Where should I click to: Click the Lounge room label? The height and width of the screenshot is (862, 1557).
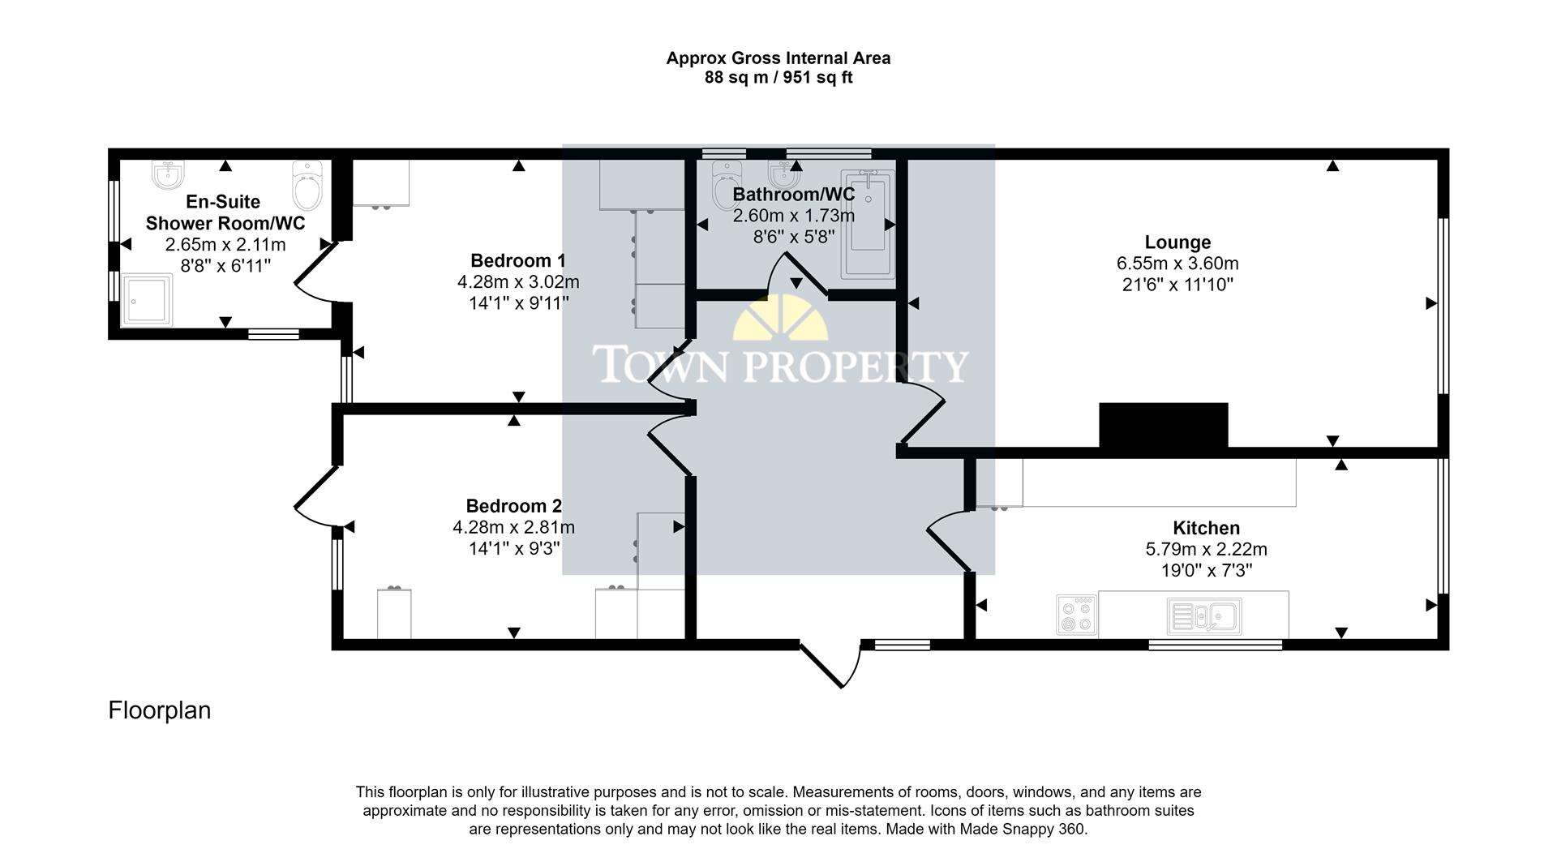click(x=1177, y=242)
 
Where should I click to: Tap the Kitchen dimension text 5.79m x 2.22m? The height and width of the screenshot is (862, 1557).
click(x=1206, y=549)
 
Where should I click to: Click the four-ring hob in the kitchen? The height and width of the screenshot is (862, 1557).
click(x=1077, y=615)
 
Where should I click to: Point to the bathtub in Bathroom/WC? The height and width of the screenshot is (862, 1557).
click(x=868, y=225)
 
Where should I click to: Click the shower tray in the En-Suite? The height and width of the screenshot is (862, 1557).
click(x=147, y=300)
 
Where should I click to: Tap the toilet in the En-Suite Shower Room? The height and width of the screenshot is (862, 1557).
click(x=307, y=186)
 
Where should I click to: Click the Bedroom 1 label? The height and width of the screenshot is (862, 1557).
click(x=518, y=261)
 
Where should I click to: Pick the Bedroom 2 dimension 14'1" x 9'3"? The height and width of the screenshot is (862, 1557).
click(x=514, y=549)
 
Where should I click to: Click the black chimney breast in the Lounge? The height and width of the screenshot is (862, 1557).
click(x=1163, y=425)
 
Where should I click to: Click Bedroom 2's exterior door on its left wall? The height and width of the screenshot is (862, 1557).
click(x=313, y=494)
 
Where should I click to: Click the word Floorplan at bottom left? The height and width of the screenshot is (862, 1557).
click(x=160, y=710)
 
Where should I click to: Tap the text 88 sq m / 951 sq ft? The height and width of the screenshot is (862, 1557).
click(x=778, y=79)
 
